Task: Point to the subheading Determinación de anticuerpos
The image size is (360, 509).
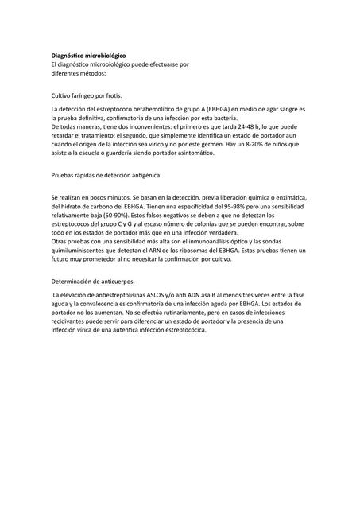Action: [92, 282]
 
